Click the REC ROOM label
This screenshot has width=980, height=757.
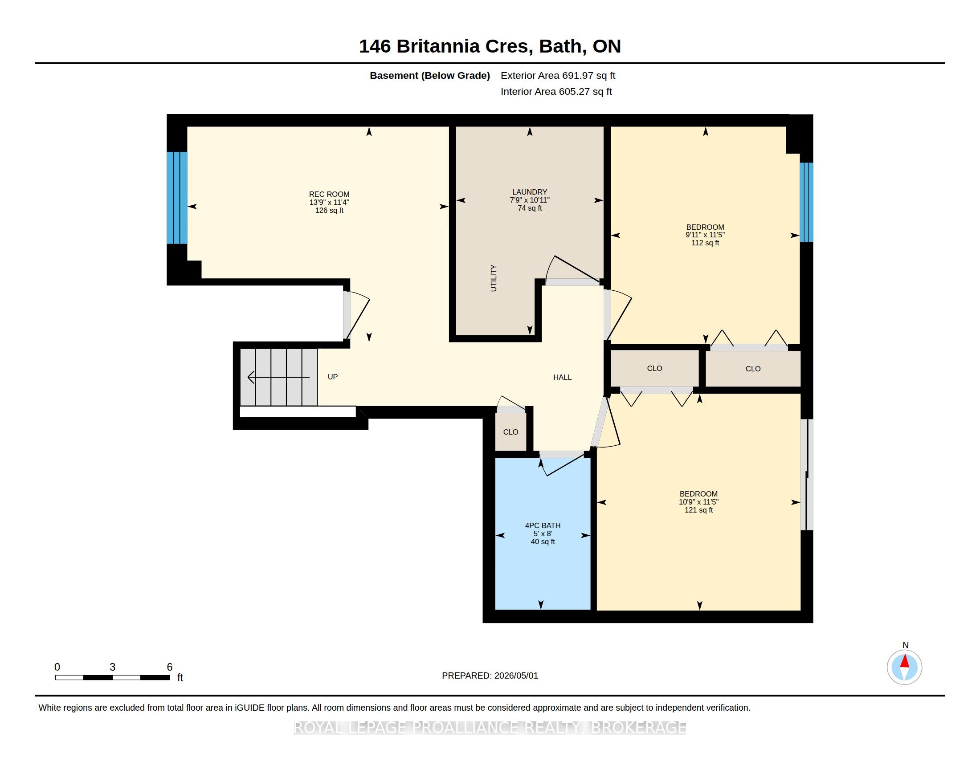pos(329,194)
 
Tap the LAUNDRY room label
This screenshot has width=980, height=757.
pos(530,192)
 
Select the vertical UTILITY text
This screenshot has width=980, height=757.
pos(494,278)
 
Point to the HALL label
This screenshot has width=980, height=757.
pos(562,377)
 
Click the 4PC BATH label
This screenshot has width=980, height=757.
pos(543,525)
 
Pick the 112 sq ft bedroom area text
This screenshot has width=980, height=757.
pos(705,243)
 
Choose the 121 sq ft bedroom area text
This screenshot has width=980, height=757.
pos(698,510)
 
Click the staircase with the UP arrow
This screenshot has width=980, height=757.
pos(279,377)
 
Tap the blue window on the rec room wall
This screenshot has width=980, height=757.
pos(177,198)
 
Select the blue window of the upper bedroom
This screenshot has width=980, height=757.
pos(806,202)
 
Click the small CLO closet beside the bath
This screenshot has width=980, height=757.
pos(510,432)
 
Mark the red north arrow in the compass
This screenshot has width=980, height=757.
pos(905,661)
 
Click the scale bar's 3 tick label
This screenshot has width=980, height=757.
pos(113,667)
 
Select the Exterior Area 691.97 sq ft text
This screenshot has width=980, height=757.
pos(558,75)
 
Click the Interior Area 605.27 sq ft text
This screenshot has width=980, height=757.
pos(556,91)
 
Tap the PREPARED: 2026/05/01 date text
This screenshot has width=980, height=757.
pos(490,676)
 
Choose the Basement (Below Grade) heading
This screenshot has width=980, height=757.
pos(429,75)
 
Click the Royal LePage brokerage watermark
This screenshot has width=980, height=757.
pos(490,728)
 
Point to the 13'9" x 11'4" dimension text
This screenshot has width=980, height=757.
pos(329,202)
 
